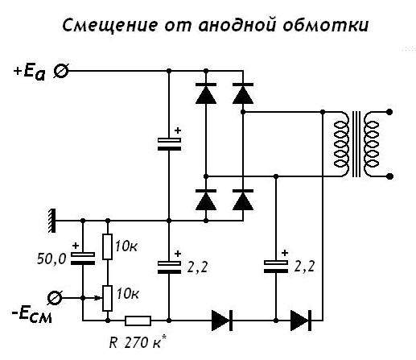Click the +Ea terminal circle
61,71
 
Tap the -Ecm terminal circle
55,298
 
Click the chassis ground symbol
52,221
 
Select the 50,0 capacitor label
51,259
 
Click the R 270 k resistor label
138,342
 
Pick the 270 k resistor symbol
138,321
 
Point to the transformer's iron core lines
356,144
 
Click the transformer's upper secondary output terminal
389,112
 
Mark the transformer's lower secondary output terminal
389,176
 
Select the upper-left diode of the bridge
206,93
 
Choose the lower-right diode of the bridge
243,200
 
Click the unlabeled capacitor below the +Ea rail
169,144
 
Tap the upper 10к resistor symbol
108,246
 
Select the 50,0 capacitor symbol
83,259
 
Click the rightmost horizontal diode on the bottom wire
301,321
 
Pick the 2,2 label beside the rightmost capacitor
304,267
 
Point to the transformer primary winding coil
341,144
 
